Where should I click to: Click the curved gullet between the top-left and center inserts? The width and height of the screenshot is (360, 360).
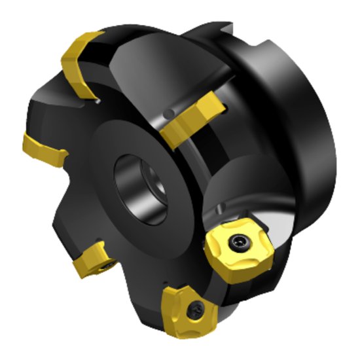(x=131, y=72)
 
